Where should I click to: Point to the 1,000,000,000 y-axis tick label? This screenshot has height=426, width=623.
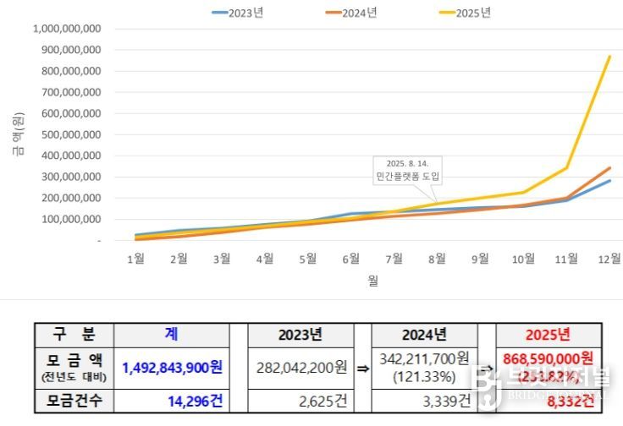67,29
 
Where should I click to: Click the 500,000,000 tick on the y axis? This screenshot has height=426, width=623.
70,134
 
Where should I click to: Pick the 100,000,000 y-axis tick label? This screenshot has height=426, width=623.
70,219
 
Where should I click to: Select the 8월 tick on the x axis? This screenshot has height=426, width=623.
438,259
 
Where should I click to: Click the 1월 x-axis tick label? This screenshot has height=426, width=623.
135,259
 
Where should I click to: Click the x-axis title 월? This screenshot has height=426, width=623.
372,281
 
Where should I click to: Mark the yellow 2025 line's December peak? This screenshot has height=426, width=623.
610,57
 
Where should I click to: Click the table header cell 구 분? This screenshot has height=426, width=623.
74,335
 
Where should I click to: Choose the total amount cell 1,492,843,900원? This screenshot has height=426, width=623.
172,368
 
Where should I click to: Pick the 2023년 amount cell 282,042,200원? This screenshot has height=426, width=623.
301,368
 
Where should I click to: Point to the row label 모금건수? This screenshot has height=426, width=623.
74,401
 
